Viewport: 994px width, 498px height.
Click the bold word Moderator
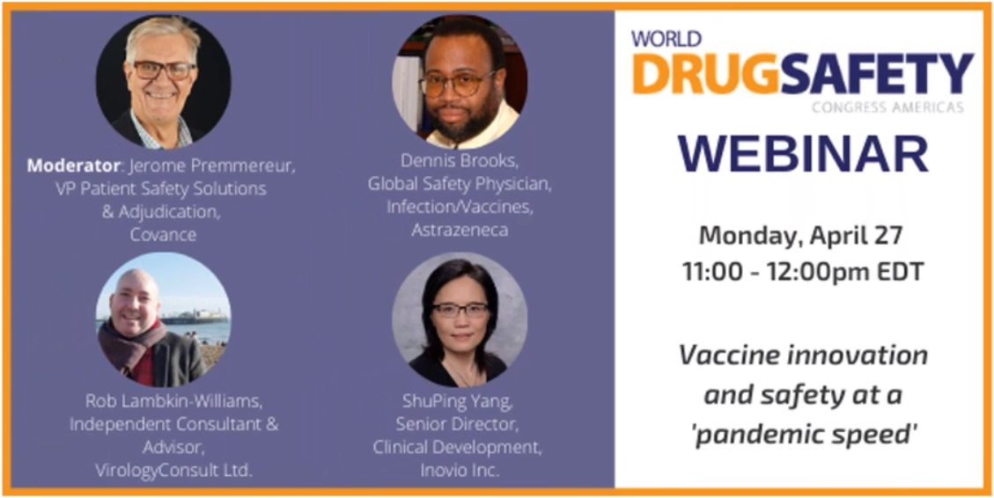[73, 166]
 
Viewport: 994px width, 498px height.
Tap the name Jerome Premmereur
[212, 167]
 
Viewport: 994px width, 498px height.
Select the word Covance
[164, 234]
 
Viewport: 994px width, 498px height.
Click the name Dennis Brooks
[460, 162]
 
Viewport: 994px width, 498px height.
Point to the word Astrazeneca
[460, 230]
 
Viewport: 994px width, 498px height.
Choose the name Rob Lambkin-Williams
[173, 402]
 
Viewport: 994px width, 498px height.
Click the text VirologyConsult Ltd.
[173, 470]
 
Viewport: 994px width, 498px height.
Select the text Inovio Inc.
[459, 471]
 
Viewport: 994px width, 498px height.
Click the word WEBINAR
[803, 155]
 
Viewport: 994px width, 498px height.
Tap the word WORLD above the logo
[666, 40]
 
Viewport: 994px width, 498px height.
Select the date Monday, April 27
[800, 237]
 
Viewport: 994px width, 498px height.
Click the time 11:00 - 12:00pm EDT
[803, 272]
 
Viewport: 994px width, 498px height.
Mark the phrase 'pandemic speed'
[803, 436]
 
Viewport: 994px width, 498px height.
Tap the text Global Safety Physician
[460, 185]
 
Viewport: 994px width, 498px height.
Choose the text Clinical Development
[458, 448]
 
